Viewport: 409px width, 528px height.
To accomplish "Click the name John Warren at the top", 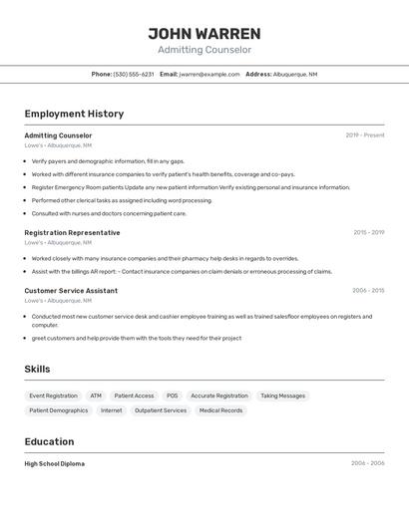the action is tap(204, 34).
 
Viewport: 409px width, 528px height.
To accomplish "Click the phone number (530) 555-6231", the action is tap(134, 74).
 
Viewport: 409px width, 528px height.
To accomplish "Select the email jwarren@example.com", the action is tap(209, 74).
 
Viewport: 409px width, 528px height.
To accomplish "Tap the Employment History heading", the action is tap(74, 114).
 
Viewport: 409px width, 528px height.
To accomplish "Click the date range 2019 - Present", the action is tap(365, 135).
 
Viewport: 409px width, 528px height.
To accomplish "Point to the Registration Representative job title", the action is tap(72, 232).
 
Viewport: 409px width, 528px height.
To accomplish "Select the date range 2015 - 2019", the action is tap(368, 232).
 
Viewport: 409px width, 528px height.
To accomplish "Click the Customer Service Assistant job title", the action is tap(71, 291).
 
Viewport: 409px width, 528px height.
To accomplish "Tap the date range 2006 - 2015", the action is tap(368, 291).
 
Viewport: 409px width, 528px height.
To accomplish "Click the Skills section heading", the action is tap(38, 369).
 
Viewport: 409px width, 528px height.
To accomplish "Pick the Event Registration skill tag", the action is tap(53, 396).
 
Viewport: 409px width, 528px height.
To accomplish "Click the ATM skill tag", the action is tap(96, 396).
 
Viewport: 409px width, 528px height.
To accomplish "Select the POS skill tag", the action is tap(173, 396).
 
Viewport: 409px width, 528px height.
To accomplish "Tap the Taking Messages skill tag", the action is tap(283, 396).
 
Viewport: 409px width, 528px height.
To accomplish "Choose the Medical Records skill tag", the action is tap(220, 410).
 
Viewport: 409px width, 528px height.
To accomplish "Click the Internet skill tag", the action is tap(112, 410).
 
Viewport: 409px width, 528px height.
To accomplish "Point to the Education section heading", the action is tap(49, 441).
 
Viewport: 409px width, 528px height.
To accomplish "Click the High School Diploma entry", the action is tap(55, 463).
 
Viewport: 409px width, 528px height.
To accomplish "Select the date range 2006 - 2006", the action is tap(367, 463).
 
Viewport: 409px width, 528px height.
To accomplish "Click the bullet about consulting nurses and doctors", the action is tap(109, 213).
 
